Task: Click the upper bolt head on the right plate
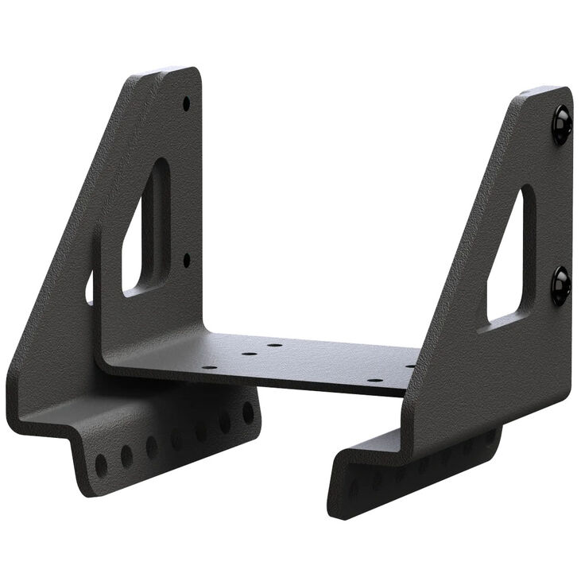pyautogui.click(x=561, y=125)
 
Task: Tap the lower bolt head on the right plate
pyautogui.click(x=560, y=285)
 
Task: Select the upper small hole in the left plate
pyautogui.click(x=186, y=103)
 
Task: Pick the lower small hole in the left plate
pyautogui.click(x=187, y=259)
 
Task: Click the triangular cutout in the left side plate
pyautogui.click(x=147, y=230)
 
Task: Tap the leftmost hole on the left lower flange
pyautogui.click(x=101, y=464)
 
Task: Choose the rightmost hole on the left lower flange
pyautogui.click(x=248, y=413)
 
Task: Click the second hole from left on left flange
pyautogui.click(x=126, y=455)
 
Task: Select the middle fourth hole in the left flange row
pyautogui.click(x=176, y=438)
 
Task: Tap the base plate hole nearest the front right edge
pyautogui.click(x=375, y=380)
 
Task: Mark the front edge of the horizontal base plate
pyautogui.click(x=254, y=380)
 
